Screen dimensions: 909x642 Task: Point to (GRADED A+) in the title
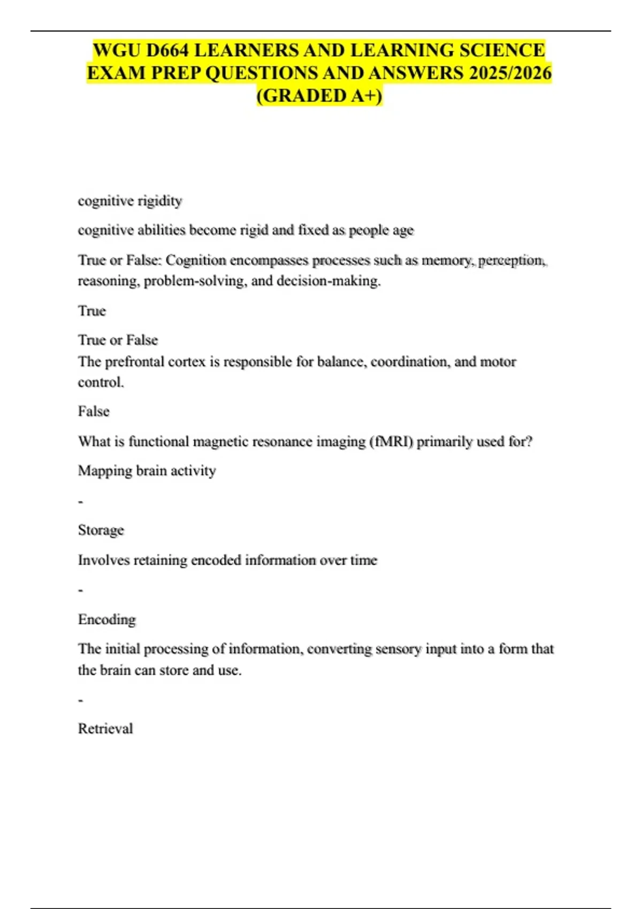tap(319, 96)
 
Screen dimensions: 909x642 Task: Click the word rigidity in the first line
tap(159, 201)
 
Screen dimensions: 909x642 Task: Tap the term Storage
tap(101, 530)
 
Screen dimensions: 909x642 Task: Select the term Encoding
tap(107, 620)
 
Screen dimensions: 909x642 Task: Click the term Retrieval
tap(105, 729)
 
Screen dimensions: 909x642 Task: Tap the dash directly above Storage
tap(80, 502)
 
